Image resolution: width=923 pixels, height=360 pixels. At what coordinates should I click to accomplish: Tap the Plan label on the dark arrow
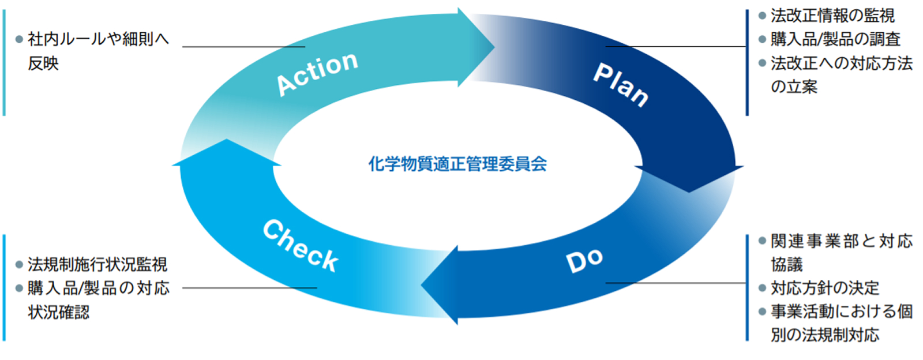point(621,85)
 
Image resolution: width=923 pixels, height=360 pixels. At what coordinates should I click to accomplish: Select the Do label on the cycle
point(584,260)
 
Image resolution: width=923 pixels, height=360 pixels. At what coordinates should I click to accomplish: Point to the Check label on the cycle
point(300,246)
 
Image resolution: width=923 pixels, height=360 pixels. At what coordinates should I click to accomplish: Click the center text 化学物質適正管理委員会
point(457,164)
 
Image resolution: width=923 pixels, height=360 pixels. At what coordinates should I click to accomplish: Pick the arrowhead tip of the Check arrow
point(227,140)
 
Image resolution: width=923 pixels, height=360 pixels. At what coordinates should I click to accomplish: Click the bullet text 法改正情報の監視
point(832,16)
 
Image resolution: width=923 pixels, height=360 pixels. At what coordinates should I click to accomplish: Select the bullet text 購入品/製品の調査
point(835,39)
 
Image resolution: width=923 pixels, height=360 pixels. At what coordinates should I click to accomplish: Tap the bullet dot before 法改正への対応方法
point(762,63)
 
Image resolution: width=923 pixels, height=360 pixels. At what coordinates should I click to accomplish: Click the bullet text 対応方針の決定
point(825,288)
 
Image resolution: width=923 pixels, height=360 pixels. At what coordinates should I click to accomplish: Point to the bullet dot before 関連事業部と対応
point(762,241)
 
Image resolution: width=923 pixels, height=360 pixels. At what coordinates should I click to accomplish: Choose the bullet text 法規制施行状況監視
point(97,265)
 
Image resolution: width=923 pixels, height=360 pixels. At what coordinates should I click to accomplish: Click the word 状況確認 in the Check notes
point(58,312)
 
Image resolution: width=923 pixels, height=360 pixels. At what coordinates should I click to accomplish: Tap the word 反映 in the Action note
point(43,63)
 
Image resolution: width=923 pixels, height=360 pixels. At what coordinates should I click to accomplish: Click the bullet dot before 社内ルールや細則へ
point(19,39)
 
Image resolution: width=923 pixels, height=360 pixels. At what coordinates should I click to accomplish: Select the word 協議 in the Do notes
point(786,265)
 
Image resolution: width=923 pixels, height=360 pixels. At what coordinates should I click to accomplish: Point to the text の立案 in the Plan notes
point(794,87)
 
